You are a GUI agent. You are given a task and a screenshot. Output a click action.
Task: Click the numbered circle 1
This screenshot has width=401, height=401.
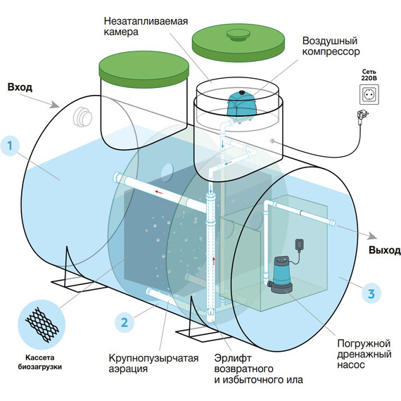[10, 146]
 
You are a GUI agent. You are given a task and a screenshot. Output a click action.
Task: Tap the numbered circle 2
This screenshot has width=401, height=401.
[125, 322]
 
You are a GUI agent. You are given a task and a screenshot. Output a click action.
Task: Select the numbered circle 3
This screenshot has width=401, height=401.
[371, 294]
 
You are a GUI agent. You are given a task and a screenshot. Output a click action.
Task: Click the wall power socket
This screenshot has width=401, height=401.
[369, 95]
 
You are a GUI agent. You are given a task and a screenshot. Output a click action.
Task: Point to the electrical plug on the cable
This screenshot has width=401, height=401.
[362, 116]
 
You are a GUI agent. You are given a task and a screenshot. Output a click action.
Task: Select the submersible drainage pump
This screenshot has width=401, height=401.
[281, 275]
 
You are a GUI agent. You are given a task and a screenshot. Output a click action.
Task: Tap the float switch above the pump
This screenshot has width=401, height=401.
[299, 244]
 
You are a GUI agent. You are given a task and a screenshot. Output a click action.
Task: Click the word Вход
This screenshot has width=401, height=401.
[20, 87]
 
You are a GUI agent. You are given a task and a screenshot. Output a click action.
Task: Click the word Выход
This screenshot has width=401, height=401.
[384, 250]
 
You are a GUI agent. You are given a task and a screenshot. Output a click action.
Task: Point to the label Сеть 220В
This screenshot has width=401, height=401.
[369, 75]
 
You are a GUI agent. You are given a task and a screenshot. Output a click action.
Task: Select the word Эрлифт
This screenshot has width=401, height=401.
[233, 359]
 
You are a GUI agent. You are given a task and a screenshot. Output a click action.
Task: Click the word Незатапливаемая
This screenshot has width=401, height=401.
[146, 21]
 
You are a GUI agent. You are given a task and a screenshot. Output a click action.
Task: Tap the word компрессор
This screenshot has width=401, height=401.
[331, 51]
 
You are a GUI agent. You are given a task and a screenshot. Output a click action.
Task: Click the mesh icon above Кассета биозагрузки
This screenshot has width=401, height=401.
[42, 324]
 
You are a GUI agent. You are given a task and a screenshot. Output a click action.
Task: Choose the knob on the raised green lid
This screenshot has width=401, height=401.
[238, 34]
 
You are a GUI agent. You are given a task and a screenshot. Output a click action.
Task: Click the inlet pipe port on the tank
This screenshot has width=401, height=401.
[82, 117]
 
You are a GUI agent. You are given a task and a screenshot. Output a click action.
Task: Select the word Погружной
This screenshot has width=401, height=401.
[364, 343]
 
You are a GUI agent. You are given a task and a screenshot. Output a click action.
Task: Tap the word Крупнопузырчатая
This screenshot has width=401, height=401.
[153, 358]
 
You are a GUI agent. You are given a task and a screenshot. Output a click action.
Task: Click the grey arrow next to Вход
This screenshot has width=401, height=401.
[39, 101]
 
